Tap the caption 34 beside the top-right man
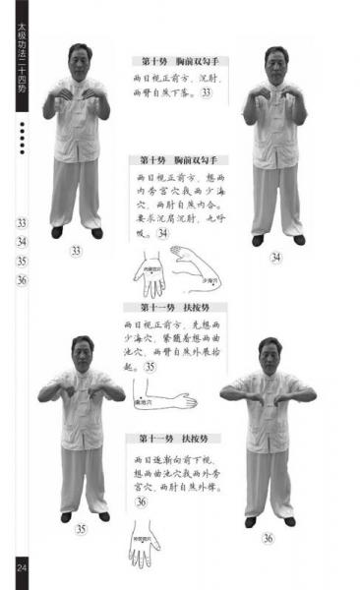pyautogui.click(x=276, y=258)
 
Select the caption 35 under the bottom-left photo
pyautogui.click(x=82, y=528)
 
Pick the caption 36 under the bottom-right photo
pyautogui.click(x=268, y=538)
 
